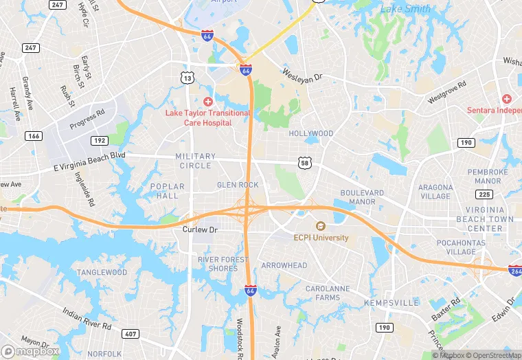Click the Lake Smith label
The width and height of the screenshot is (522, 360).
tap(406, 9)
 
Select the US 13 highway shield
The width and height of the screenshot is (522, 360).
tap(188, 78)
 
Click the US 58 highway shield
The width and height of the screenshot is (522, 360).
tap(305, 162)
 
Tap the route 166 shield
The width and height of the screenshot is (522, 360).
tap(33, 136)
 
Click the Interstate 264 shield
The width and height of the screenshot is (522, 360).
tap(515, 271)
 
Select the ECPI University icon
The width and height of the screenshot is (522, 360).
tap(320, 226)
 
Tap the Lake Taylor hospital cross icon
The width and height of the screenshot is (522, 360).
tap(207, 102)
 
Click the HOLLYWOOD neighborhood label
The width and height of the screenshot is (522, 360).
tap(311, 133)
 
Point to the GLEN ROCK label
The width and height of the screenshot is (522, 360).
tap(238, 185)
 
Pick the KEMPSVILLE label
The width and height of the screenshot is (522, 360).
tap(392, 302)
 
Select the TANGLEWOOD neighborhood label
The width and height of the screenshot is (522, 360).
tap(102, 272)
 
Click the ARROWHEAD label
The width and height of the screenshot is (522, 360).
tap(284, 265)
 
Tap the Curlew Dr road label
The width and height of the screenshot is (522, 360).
tap(200, 229)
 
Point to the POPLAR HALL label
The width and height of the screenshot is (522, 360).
tap(168, 191)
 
